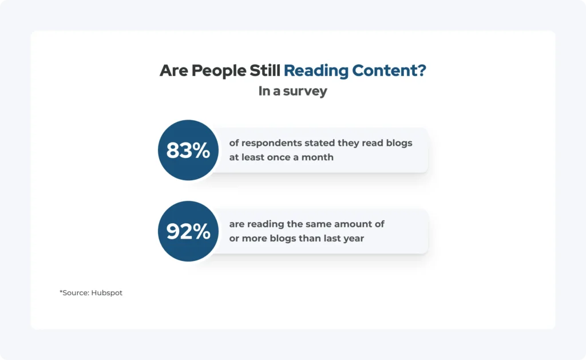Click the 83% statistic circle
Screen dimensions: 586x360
tap(188, 150)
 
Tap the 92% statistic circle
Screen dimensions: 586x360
tap(188, 231)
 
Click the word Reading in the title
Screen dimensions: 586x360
tap(316, 71)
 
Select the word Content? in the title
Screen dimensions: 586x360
tap(389, 70)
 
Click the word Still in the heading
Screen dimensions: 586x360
tap(265, 70)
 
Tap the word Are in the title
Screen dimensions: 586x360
tap(174, 70)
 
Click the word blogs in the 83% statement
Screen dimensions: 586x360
tap(400, 143)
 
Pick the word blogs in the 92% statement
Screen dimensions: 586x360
tap(283, 239)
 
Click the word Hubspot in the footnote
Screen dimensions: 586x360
tap(107, 293)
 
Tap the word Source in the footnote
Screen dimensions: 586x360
tap(76, 292)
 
